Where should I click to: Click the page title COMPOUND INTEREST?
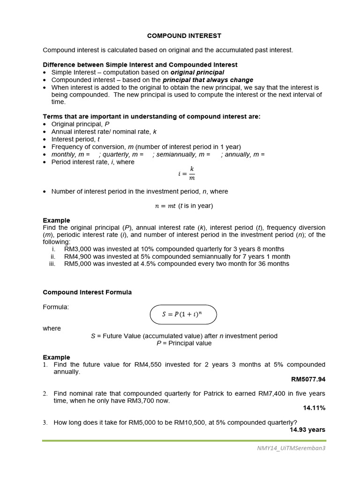click(x=178, y=36)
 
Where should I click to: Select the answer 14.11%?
click(x=314, y=408)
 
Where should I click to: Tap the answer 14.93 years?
click(x=307, y=429)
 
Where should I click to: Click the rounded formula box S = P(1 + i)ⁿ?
click(x=183, y=315)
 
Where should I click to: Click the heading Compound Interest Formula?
click(x=87, y=292)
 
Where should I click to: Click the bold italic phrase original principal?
click(x=197, y=73)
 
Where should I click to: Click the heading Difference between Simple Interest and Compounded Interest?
click(x=140, y=65)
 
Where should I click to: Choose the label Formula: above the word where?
click(x=56, y=307)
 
